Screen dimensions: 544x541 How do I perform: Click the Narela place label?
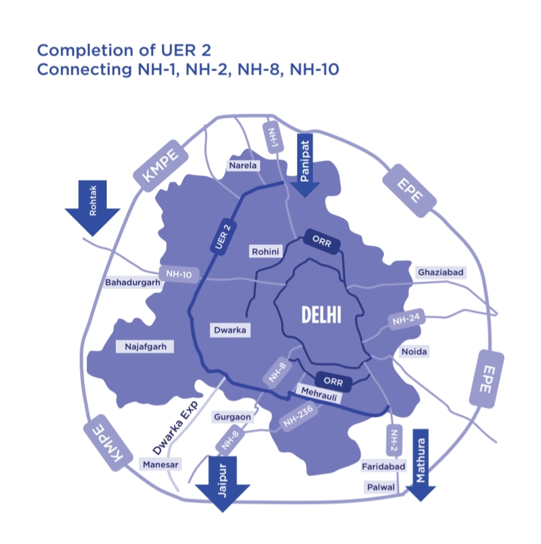pos(242,165)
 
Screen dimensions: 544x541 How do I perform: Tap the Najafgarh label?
pos(144,346)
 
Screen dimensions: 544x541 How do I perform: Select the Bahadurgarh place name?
pos(133,283)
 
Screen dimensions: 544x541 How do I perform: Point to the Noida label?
pos(414,351)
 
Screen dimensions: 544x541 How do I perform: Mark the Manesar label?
pos(160,464)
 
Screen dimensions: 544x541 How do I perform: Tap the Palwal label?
pos(381,487)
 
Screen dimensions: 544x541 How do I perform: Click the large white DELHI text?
pos(322,314)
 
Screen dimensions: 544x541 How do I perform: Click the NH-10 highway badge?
pos(179,274)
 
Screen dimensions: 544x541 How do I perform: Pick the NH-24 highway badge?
pos(406,320)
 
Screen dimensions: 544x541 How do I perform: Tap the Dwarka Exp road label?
pos(175,428)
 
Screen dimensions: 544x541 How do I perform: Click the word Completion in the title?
pos(80,51)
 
